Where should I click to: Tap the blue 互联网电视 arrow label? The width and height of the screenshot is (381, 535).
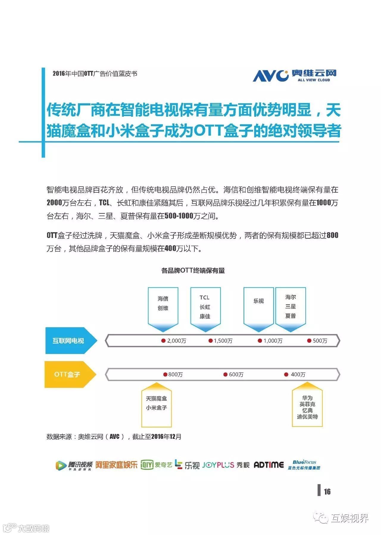tap(68, 341)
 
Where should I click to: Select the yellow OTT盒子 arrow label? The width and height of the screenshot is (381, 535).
tap(67, 374)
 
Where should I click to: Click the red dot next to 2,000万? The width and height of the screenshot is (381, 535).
tap(163, 341)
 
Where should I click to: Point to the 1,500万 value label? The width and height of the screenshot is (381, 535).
tap(223, 341)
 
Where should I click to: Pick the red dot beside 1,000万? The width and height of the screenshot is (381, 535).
tap(260, 341)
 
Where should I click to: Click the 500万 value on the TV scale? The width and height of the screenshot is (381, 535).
tap(320, 341)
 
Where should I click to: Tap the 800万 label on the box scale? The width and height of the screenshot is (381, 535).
tap(175, 375)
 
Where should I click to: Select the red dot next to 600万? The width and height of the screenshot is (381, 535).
tap(225, 375)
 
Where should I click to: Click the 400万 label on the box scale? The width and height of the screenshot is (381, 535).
tap(298, 375)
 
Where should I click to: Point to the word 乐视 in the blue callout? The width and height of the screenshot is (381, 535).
tap(258, 301)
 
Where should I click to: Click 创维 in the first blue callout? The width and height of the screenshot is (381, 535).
tap(163, 308)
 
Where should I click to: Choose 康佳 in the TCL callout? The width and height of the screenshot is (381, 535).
tap(205, 316)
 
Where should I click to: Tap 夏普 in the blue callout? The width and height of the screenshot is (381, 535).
tap(291, 316)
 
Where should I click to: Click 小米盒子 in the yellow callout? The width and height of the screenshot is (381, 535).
tap(156, 408)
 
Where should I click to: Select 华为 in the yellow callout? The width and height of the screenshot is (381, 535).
tap(307, 398)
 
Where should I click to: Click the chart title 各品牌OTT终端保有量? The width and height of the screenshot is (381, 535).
tap(193, 271)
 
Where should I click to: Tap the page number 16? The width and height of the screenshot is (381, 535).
tap(327, 492)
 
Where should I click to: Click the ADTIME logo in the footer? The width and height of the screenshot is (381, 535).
tap(268, 465)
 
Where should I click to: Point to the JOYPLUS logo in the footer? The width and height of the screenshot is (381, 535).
tap(218, 465)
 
